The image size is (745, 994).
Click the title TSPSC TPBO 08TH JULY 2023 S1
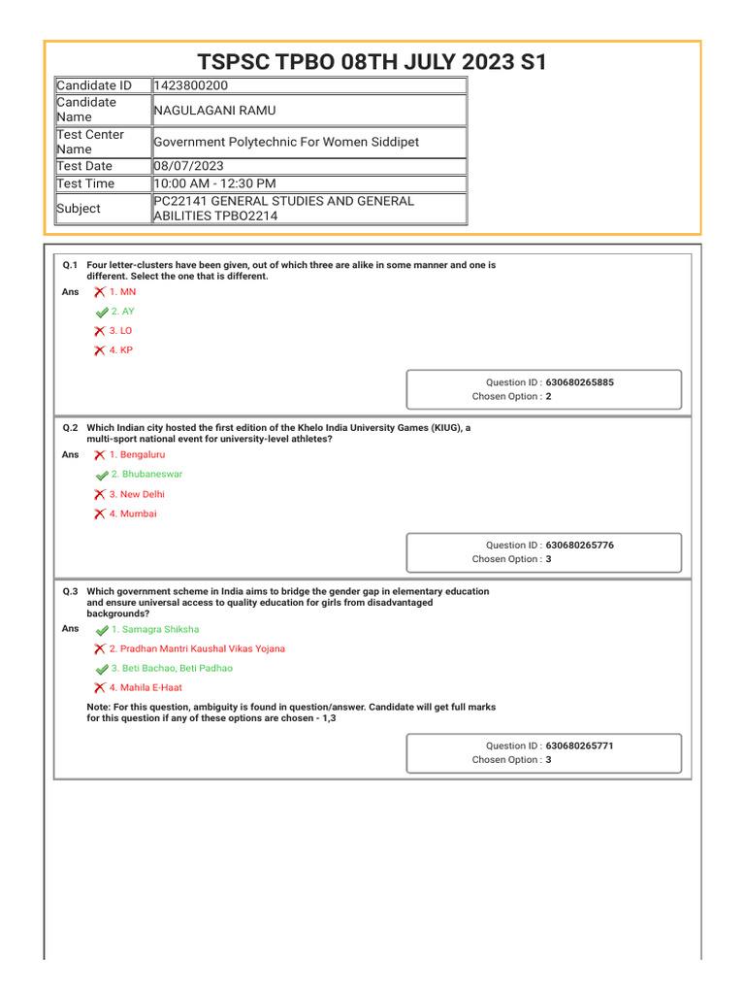[372, 63]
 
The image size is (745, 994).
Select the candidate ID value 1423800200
[191, 85]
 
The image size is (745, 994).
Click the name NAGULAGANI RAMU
[214, 111]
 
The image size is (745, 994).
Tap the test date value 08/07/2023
[190, 166]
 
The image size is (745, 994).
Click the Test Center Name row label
[90, 142]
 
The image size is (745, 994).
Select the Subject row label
[79, 209]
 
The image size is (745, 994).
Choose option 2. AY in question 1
[122, 312]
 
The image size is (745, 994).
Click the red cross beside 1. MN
[100, 292]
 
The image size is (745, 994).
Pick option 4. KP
[120, 350]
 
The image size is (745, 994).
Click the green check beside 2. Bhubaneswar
[102, 476]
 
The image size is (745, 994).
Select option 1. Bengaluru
[137, 454]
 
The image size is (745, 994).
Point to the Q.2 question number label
[70, 427]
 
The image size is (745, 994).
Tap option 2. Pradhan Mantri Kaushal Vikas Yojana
[197, 648]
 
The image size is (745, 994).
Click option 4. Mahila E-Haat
[146, 687]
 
